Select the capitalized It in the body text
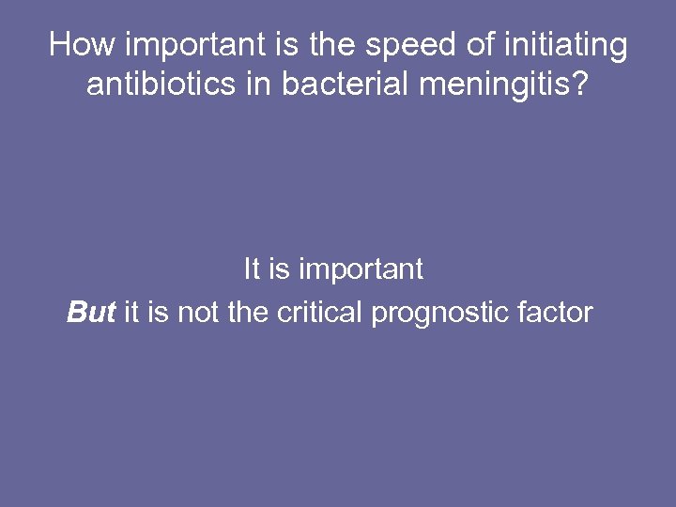coord(252,269)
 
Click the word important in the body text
coord(360,270)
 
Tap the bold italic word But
coord(91,312)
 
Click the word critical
coord(319,312)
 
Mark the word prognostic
coord(444,313)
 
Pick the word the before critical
coord(248,312)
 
